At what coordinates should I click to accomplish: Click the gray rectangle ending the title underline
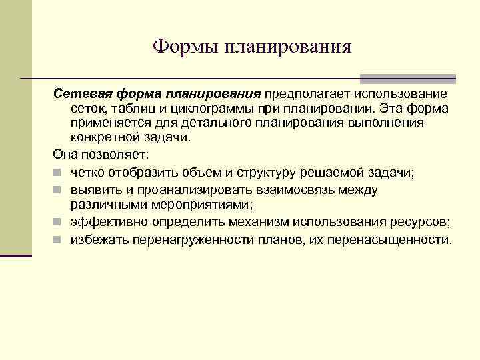click(407, 79)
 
